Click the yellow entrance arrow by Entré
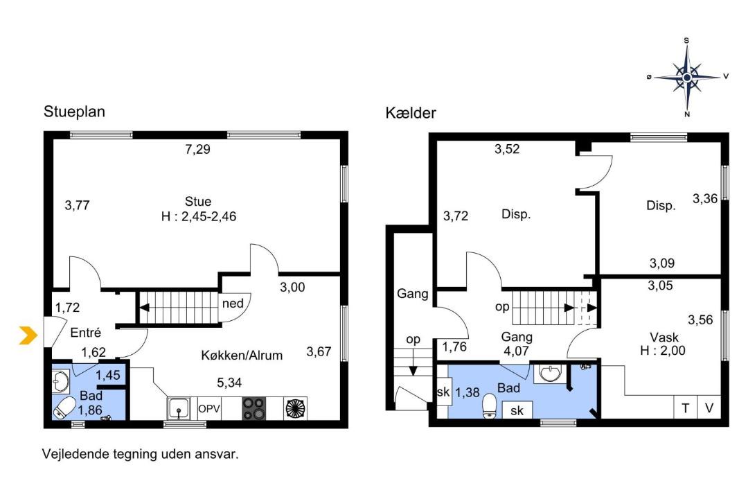(28, 335)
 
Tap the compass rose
(687, 77)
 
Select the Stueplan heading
(74, 112)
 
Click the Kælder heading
(411, 113)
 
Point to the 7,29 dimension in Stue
(197, 150)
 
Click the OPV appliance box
(209, 409)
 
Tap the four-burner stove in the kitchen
(253, 409)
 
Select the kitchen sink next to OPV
(179, 409)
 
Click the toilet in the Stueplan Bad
(64, 408)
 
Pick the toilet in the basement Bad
(490, 406)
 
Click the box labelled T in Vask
(686, 408)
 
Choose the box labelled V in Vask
(709, 408)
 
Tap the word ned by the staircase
(233, 304)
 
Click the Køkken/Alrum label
(242, 356)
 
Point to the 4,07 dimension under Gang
(516, 351)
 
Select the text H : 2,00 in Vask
(663, 351)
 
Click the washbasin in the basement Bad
(550, 373)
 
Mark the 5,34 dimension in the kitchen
(229, 383)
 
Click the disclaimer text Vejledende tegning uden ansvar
(141, 454)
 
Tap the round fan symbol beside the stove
(295, 409)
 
